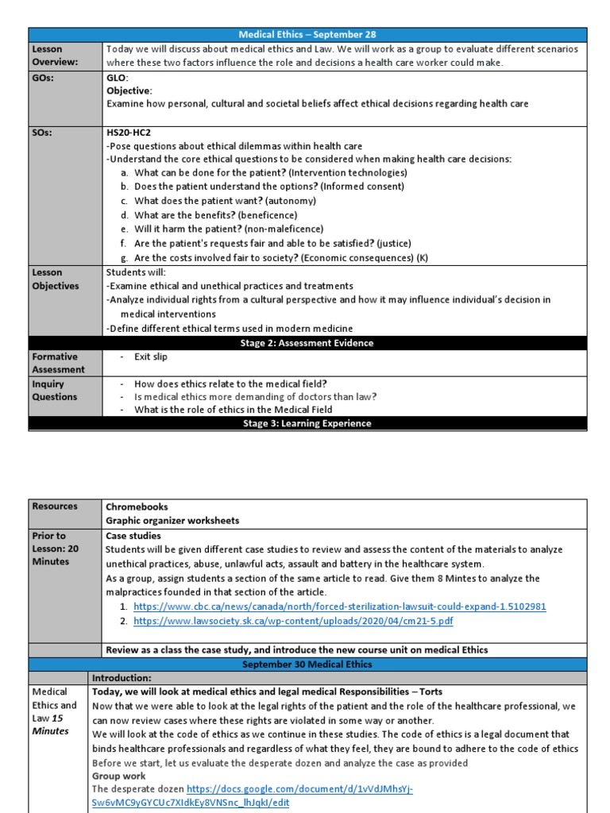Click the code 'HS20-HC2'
[129, 133]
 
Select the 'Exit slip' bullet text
[151, 357]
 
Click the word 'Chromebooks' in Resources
[137, 507]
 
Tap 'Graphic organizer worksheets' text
[172, 521]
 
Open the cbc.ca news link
[340, 607]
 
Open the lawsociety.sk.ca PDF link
[293, 622]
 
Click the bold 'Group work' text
[118, 776]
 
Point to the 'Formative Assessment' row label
[58, 364]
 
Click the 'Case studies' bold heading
[133, 536]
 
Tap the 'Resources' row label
[55, 507]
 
